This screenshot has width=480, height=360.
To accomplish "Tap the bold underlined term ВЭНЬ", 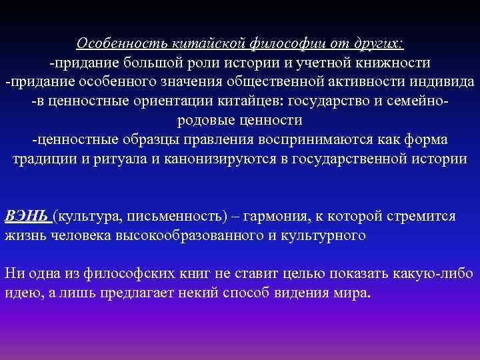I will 27,217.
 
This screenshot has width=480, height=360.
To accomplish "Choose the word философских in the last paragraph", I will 133,275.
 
